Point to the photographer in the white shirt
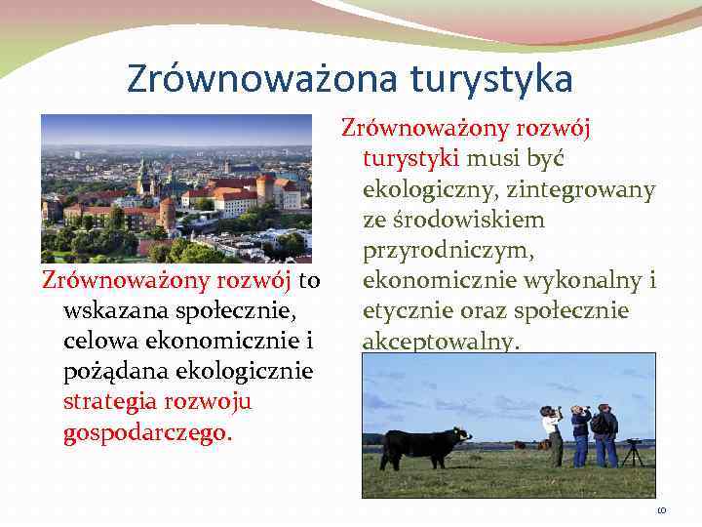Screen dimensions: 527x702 (553, 434)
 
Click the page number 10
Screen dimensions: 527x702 (661, 510)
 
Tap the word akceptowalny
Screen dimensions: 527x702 (441, 342)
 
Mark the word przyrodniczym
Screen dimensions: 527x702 (448, 251)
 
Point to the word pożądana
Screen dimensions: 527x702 (109, 372)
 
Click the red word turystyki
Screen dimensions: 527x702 (410, 159)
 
